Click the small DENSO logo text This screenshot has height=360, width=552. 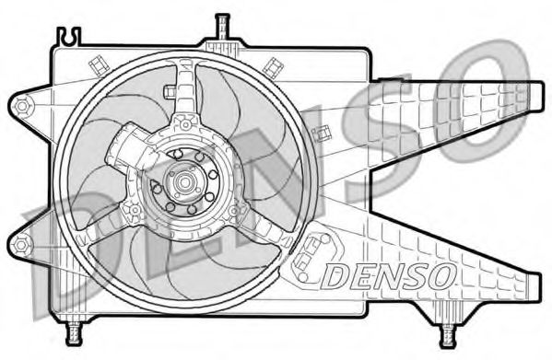388,273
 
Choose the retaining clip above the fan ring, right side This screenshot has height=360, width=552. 273,66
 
